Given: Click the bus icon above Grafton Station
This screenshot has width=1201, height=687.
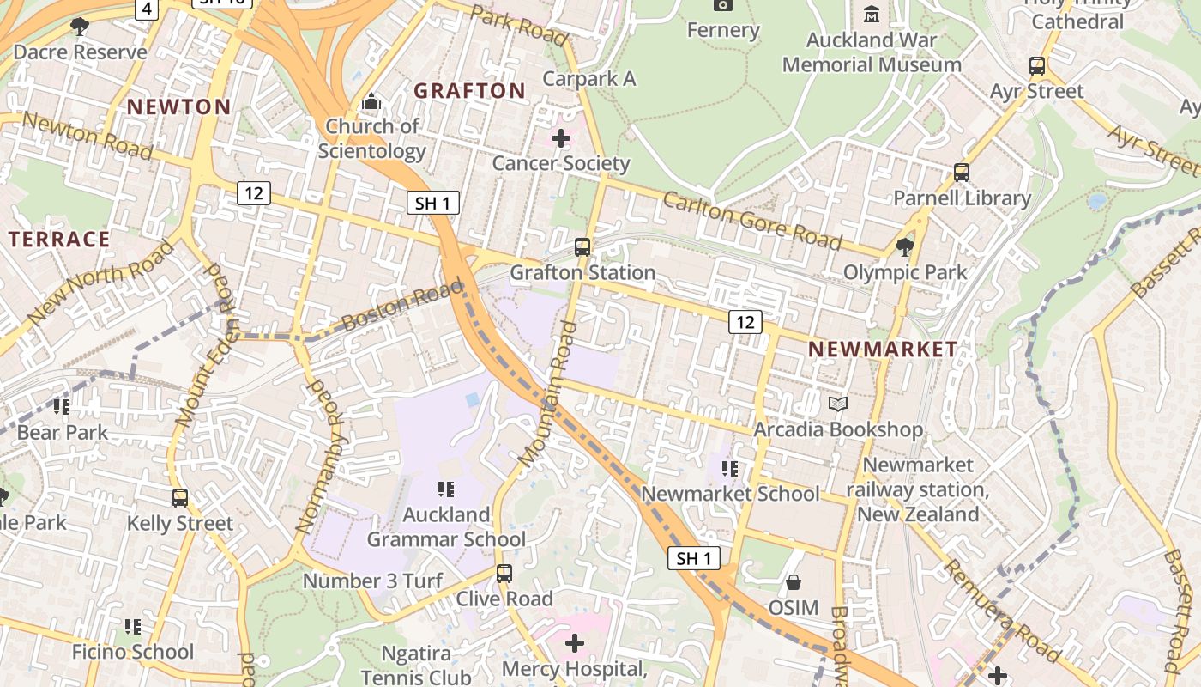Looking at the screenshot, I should (x=582, y=247).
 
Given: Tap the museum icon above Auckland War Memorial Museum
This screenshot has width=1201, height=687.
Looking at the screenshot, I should (x=872, y=14).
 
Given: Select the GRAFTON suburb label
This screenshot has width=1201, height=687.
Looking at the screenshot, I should (x=469, y=90).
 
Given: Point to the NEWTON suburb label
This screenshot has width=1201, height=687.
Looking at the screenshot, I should (x=179, y=106).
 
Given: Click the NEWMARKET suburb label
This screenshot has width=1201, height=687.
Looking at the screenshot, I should (x=883, y=349).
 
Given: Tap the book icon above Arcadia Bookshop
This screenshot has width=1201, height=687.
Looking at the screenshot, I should (x=838, y=404).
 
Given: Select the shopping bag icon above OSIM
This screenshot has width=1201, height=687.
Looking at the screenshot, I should (x=794, y=582).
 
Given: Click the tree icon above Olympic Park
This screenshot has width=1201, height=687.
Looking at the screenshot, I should (x=904, y=247).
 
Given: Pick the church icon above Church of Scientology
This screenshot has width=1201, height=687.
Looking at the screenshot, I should (x=371, y=101).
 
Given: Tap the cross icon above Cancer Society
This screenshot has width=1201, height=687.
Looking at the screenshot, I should (x=561, y=137).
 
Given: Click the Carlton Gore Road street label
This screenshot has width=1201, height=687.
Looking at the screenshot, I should (x=751, y=220).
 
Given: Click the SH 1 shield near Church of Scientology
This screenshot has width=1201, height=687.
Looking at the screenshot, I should (x=432, y=203).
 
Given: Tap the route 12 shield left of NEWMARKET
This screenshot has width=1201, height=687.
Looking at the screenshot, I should (x=745, y=322).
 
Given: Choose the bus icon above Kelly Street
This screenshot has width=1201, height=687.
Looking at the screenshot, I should (x=180, y=497).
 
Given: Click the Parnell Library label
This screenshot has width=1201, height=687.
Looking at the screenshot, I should (x=962, y=198).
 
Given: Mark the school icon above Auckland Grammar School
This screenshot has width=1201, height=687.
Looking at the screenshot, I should (x=445, y=489).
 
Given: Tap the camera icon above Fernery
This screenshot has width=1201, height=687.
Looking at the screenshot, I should (x=723, y=5).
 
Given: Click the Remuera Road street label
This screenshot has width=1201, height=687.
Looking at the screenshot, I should (x=1002, y=611).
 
